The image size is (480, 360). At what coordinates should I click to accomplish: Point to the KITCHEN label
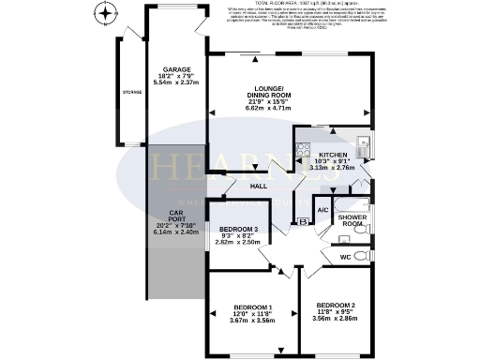[x=333, y=155]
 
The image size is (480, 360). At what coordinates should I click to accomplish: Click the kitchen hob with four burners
[x=302, y=149]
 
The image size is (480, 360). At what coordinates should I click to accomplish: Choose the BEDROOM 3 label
[x=237, y=230]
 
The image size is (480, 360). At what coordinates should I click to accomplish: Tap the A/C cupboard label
[x=322, y=211]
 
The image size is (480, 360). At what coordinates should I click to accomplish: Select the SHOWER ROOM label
[x=352, y=221]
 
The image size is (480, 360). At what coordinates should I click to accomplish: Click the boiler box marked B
[x=302, y=221]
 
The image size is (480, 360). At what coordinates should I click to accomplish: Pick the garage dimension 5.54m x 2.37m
[x=175, y=82]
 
